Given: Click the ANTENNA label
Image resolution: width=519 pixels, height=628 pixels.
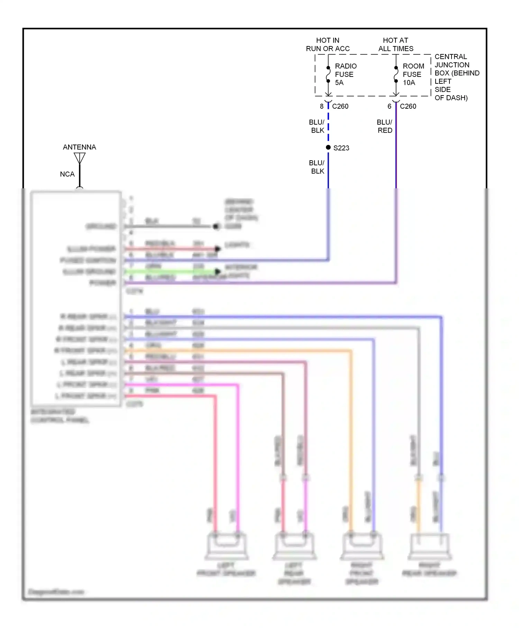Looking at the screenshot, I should [x=79, y=147].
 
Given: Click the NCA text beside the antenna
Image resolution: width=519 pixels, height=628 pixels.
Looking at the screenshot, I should [x=67, y=174].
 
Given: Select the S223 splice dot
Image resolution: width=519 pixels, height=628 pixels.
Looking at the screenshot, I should [x=328, y=147].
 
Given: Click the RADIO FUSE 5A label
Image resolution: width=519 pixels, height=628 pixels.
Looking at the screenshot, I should [x=345, y=74].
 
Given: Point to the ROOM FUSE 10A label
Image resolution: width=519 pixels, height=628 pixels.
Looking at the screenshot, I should [x=413, y=74].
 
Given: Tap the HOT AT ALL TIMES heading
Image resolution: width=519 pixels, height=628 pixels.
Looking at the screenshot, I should [x=395, y=44].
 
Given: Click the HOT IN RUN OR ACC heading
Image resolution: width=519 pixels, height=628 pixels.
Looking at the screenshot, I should [x=327, y=44].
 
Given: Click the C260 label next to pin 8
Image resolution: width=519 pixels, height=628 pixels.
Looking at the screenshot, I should [x=340, y=106].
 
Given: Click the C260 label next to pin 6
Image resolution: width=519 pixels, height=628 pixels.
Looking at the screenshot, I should [x=408, y=106].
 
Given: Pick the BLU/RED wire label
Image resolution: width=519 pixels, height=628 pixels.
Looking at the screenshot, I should [x=384, y=126].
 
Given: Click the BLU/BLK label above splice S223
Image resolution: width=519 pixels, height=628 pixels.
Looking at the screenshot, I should [x=317, y=126].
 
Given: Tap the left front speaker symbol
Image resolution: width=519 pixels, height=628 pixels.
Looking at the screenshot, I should [x=227, y=546].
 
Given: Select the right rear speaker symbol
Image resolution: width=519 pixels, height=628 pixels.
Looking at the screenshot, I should [x=430, y=546].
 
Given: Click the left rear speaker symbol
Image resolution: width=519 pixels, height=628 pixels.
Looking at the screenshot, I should [x=294, y=546].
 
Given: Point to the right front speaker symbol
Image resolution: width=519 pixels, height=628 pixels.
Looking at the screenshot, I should [x=362, y=546].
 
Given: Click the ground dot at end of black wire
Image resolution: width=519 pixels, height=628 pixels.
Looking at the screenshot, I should [x=216, y=226].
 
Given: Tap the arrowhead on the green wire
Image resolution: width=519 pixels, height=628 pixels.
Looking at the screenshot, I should [x=218, y=271].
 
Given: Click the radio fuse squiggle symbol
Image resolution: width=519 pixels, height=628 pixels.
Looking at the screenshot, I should [x=328, y=74].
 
